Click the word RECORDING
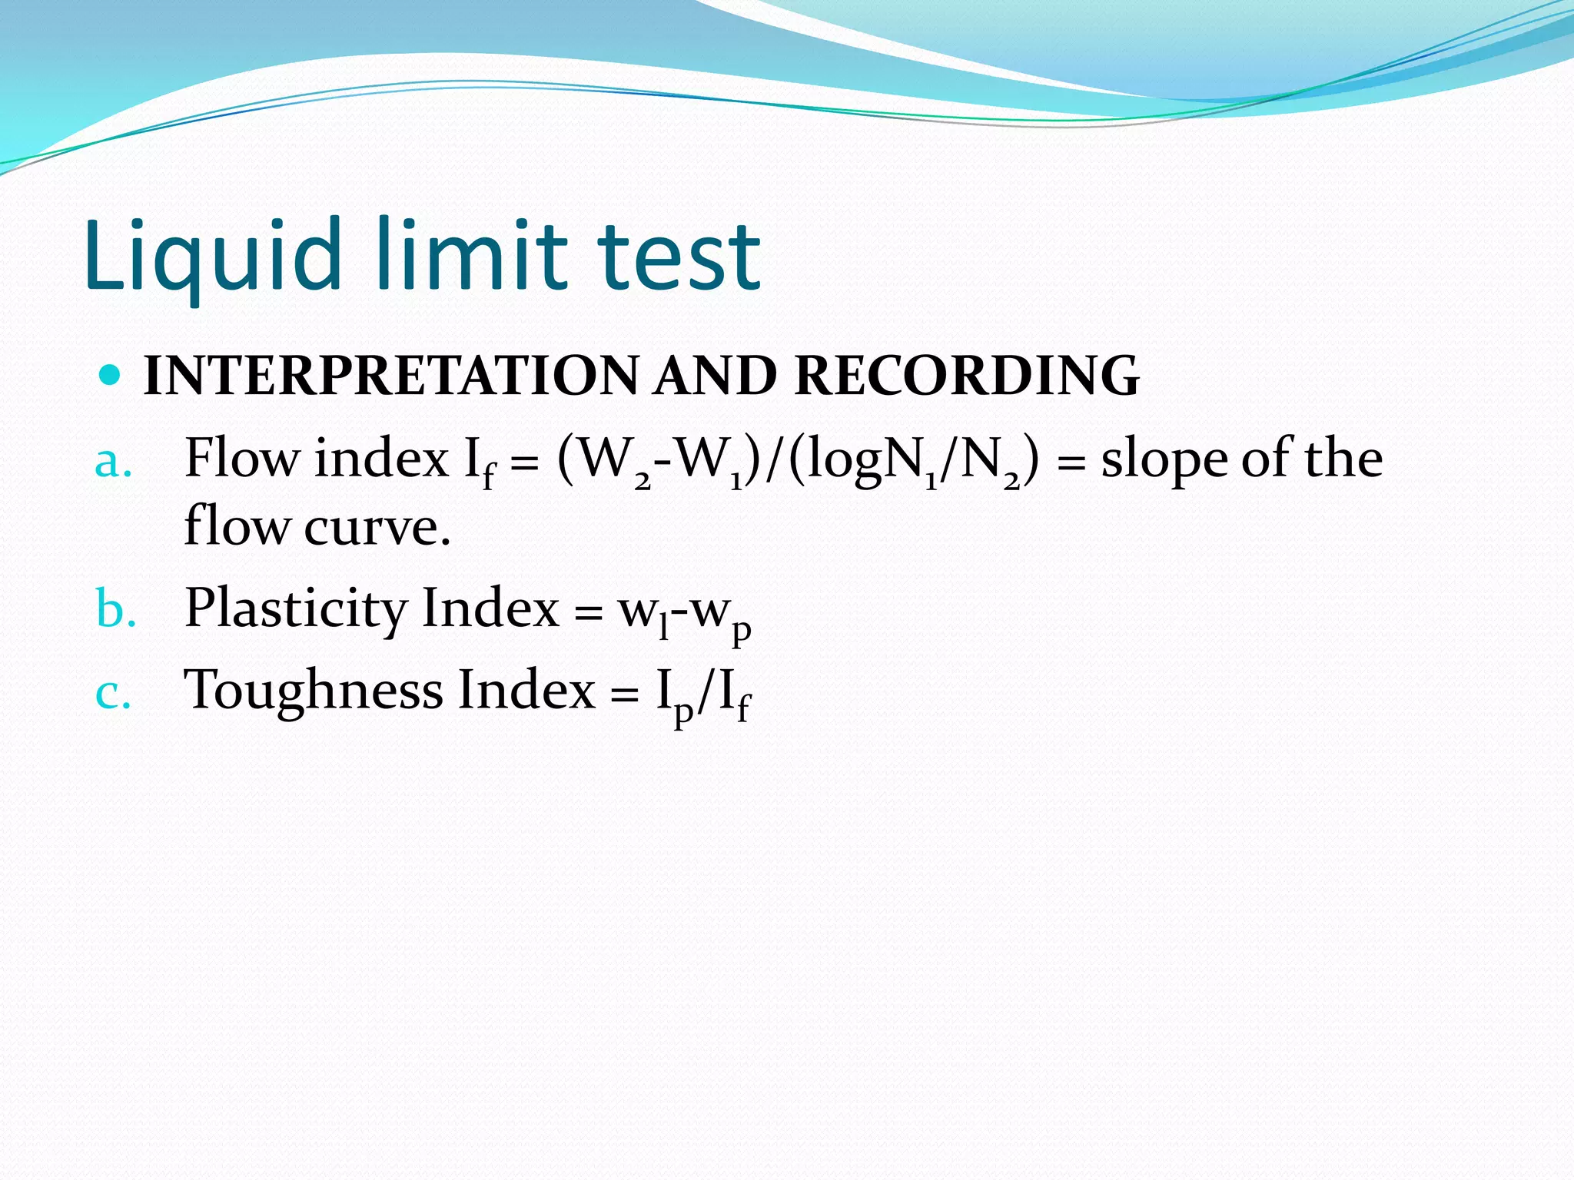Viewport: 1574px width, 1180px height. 966,376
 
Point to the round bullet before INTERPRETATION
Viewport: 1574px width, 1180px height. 111,375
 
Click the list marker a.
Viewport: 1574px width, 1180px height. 113,462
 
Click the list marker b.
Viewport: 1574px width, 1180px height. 115,610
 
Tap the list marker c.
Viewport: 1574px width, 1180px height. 113,692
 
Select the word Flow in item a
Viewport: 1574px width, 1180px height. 241,459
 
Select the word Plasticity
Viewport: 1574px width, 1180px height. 296,609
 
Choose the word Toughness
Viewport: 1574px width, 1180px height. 314,690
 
